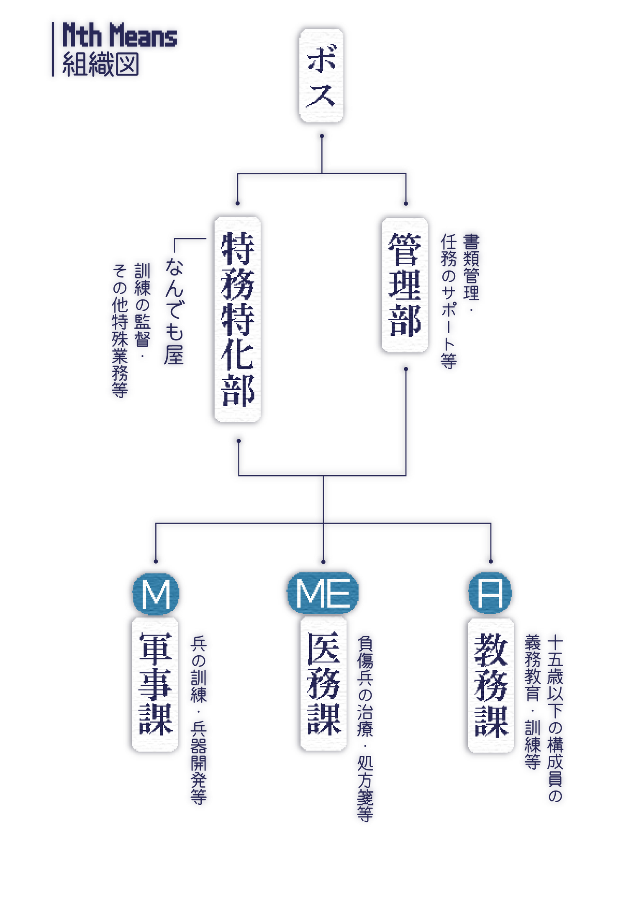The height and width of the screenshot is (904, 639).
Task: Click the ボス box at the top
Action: pyautogui.click(x=321, y=75)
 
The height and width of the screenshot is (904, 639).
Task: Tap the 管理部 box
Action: pyautogui.click(x=404, y=285)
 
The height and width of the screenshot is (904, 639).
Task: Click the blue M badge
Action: pyautogui.click(x=155, y=594)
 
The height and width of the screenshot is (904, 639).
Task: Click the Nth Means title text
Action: pyautogui.click(x=120, y=35)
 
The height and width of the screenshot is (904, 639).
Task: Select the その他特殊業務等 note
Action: pyautogui.click(x=120, y=331)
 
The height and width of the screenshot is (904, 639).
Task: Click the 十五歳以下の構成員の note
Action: pyautogui.click(x=555, y=716)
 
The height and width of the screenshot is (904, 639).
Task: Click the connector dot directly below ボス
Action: pyautogui.click(x=322, y=137)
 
